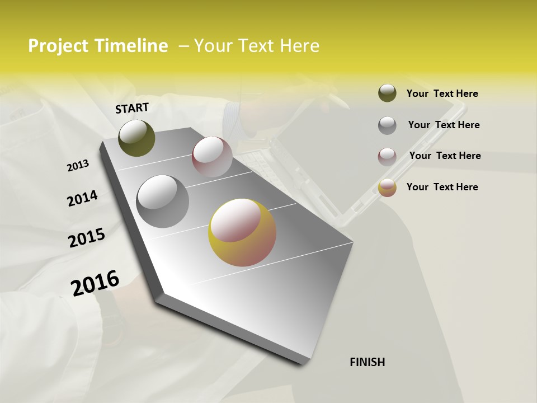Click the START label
pos(132,108)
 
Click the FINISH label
pos(367,362)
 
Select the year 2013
pos(78,166)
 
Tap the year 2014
pos(82,199)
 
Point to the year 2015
pos(87,238)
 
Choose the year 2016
pos(95,283)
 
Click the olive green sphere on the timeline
pos(136,138)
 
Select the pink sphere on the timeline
pos(212,157)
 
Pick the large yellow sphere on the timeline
pos(242,232)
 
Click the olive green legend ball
pos(387,93)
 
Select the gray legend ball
pos(387,125)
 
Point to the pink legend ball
pos(387,156)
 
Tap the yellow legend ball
pos(387,188)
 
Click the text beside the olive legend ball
pos(442,93)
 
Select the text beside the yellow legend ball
pos(442,187)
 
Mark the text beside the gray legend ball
pos(444,125)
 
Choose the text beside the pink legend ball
pos(445,156)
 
